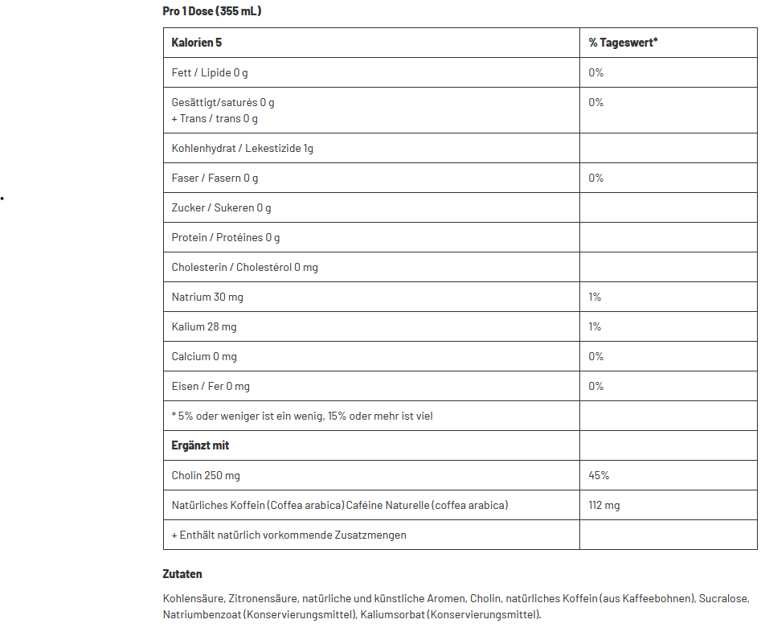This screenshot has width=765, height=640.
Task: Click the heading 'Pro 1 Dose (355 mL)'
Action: pos(212,11)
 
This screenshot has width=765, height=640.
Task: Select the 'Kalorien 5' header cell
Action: pos(197,42)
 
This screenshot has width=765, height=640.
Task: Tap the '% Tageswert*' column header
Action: pos(623,42)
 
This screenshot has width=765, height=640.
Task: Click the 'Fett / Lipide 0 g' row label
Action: pos(210,72)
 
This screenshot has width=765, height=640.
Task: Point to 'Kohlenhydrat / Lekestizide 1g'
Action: pos(242,148)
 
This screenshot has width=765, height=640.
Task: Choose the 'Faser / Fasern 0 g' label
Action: pos(215,178)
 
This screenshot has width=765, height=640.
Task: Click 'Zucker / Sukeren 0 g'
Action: pos(221,207)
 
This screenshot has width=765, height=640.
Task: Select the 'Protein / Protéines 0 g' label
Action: pos(226,237)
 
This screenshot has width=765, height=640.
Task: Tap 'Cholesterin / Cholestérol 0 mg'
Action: pos(244,267)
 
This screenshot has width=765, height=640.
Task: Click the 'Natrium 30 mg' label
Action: pos(207,297)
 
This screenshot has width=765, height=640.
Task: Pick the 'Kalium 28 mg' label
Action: pos(204,326)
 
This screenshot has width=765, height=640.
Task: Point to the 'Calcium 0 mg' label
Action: pos(204,356)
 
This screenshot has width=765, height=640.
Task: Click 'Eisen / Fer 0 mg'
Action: pos(211,386)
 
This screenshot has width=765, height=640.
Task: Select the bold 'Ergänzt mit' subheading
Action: pos(200,445)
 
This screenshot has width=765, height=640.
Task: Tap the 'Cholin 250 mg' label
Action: pos(206,475)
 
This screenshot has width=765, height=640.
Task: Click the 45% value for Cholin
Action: pos(599,475)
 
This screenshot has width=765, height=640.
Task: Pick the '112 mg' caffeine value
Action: pos(604,505)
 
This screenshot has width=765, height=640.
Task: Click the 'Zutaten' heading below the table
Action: pos(182,574)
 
